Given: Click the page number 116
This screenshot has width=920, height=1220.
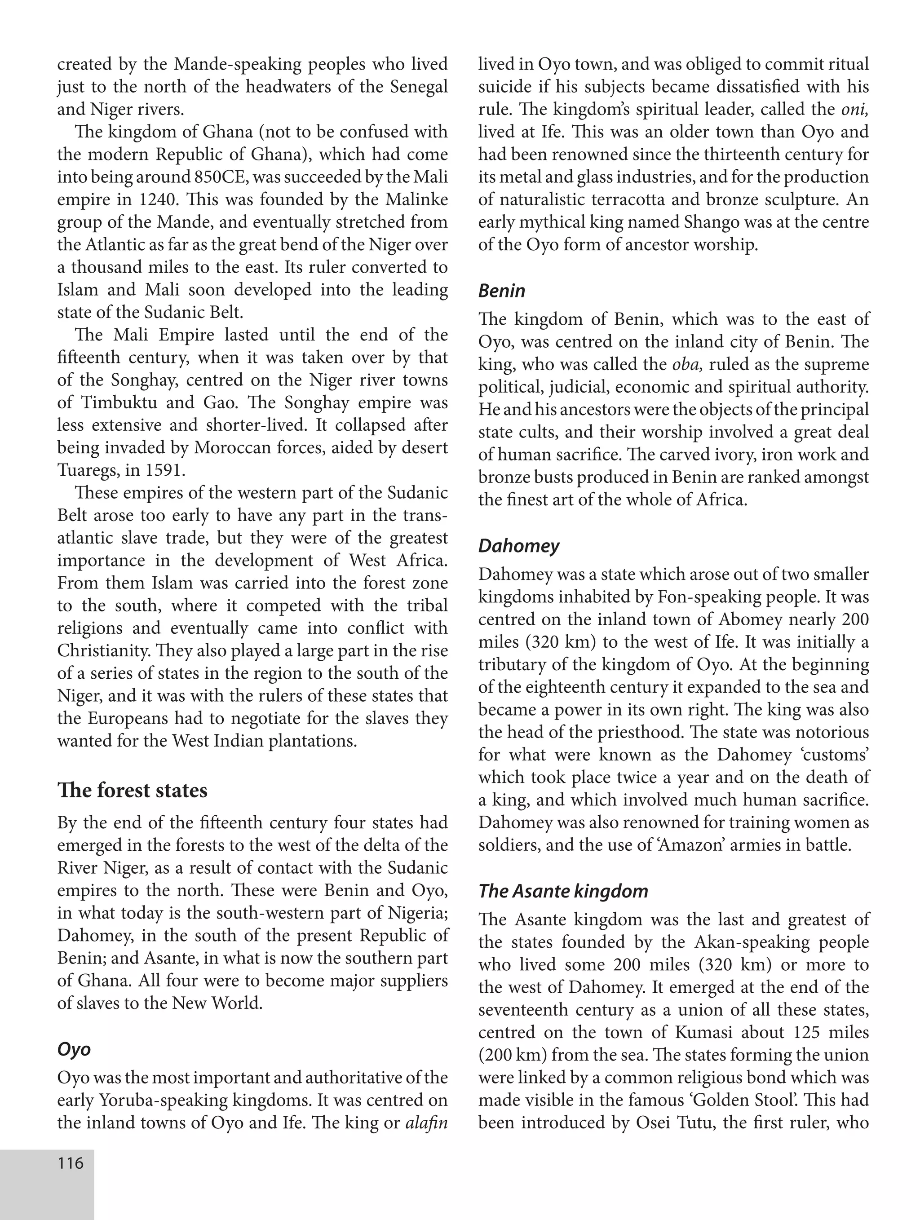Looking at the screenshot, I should [71, 1163].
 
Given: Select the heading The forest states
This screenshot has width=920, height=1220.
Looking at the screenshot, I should [133, 791].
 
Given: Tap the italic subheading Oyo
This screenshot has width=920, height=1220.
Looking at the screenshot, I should [74, 1048].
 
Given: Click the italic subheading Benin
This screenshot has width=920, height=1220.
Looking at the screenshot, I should [501, 290].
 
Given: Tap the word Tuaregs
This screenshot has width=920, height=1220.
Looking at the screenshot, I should [88, 470].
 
